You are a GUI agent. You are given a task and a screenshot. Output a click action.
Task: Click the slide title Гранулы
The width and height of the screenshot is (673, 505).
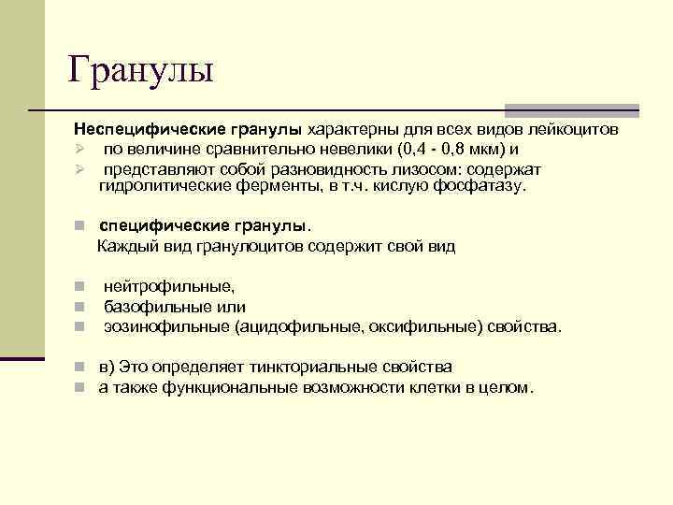141,70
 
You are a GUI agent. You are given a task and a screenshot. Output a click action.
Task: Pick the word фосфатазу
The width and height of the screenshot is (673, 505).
484,186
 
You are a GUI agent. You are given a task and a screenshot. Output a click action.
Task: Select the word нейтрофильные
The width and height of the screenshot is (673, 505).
168,287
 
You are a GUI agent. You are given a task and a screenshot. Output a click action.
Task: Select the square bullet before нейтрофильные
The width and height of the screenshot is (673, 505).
81,287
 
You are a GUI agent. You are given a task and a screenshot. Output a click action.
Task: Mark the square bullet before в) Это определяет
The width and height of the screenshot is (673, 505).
81,367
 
